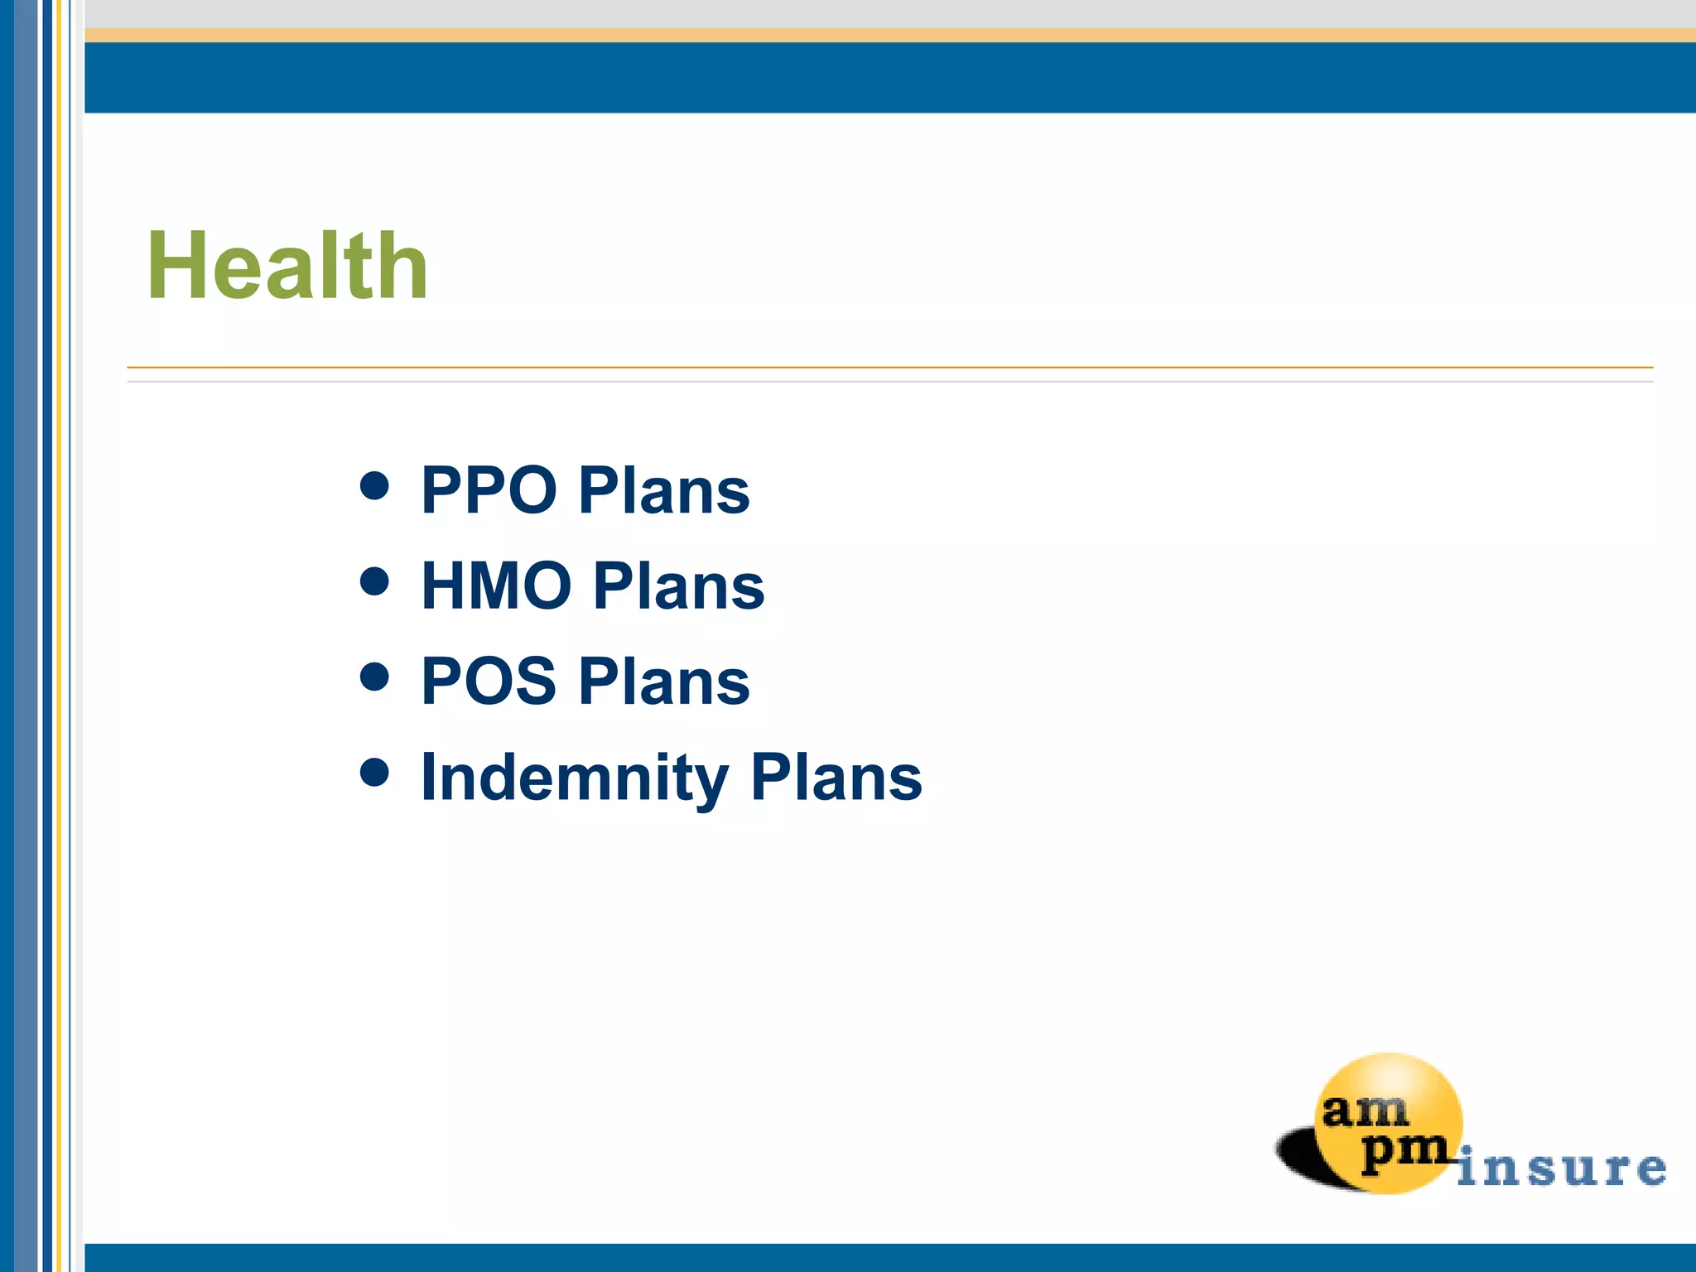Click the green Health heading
[287, 266]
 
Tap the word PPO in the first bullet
[489, 490]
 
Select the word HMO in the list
[496, 585]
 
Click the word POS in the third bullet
[489, 681]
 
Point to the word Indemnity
[575, 777]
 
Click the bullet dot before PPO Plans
[375, 486]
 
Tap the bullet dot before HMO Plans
[375, 581]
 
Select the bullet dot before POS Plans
[375, 677]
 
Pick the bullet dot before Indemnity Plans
[375, 773]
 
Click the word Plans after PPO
[664, 490]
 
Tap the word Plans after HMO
[679, 585]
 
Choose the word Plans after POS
[664, 681]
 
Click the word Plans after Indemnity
[836, 777]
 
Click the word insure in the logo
[1561, 1168]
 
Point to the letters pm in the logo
[1403, 1151]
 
